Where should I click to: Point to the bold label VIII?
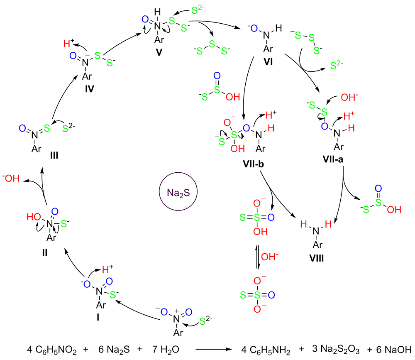point(315,258)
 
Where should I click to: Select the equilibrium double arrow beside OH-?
point(259,258)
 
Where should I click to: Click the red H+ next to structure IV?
point(68,43)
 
